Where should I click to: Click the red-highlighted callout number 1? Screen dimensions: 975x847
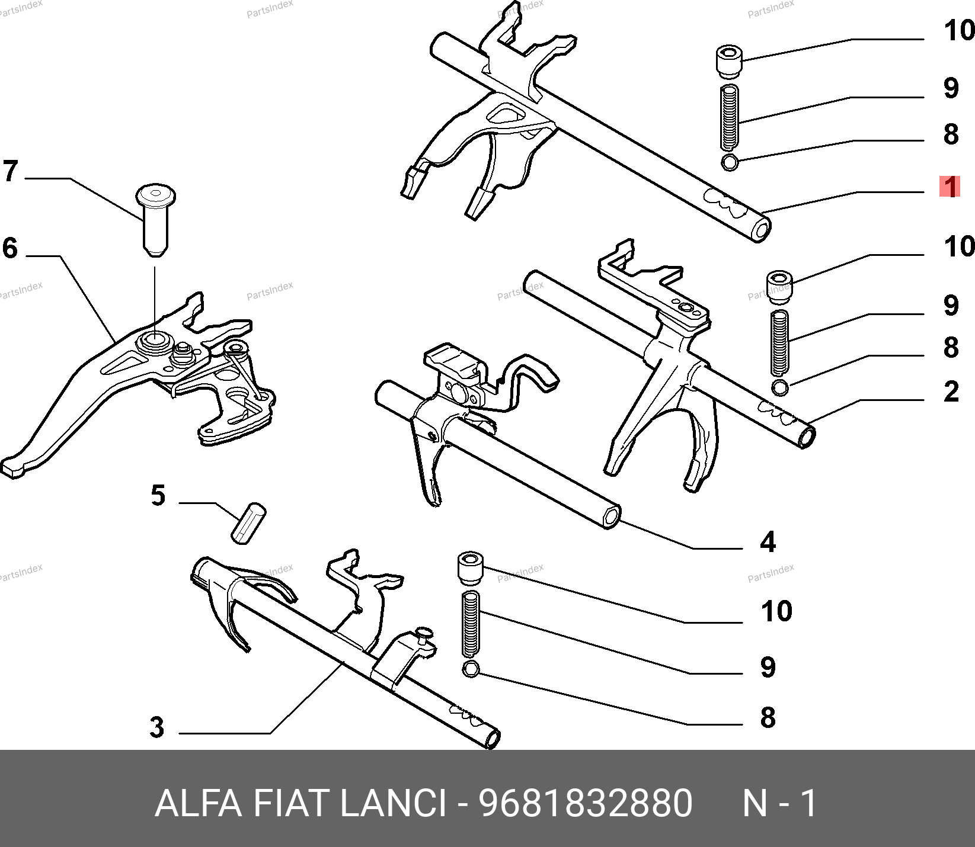click(951, 187)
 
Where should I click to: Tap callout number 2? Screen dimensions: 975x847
click(951, 392)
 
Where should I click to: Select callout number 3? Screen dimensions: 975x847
click(157, 727)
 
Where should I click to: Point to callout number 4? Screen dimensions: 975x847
click(768, 542)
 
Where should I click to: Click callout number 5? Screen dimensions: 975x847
click(158, 496)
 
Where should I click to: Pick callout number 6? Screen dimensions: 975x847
click(10, 248)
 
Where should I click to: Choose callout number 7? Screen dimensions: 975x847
click(10, 171)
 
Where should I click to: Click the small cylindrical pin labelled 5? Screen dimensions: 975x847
click(248, 523)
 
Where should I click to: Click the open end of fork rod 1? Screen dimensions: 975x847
click(762, 229)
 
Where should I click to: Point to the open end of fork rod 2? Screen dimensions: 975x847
click(807, 438)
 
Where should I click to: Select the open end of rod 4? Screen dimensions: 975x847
click(611, 516)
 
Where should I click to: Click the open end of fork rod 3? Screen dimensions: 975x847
click(493, 739)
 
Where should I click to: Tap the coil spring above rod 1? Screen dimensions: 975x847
click(730, 117)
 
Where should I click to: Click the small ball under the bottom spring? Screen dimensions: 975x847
click(471, 670)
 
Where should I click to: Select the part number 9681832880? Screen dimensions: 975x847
click(586, 804)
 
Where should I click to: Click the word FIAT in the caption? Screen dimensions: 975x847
click(290, 804)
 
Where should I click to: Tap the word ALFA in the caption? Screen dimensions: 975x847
click(199, 804)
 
